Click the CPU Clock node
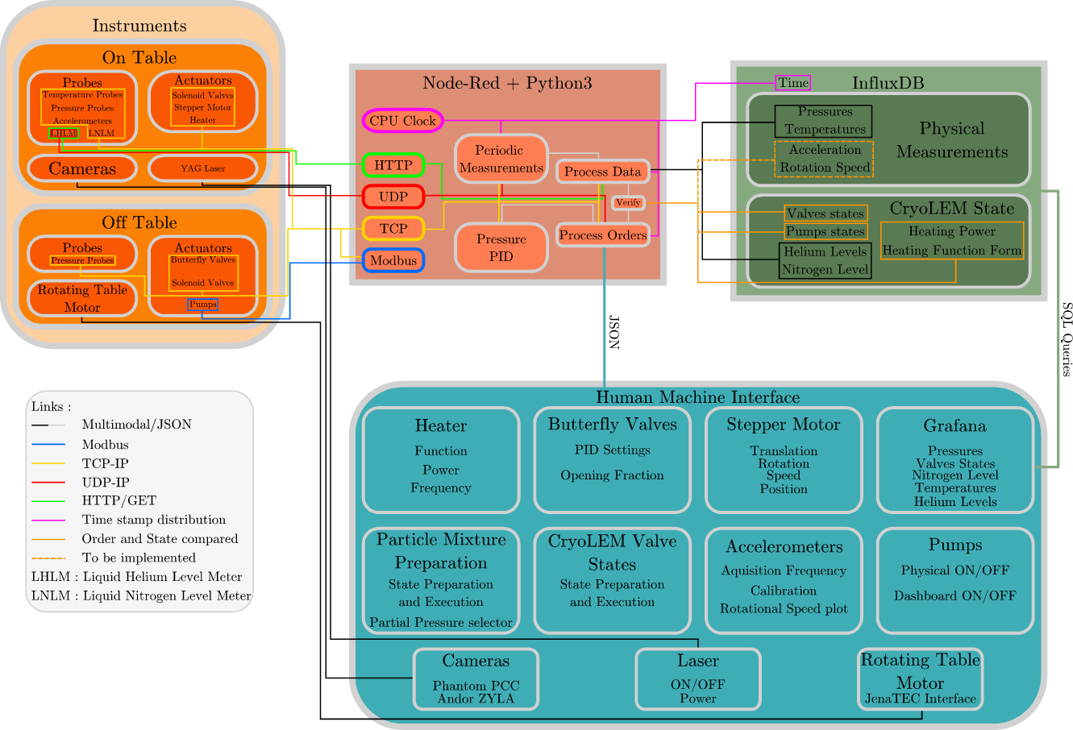[x=402, y=121]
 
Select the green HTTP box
[x=393, y=165]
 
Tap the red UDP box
[x=393, y=197]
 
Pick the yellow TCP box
[x=393, y=229]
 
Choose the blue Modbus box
[x=393, y=260]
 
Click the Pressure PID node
[x=501, y=248]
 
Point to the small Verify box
[x=628, y=203]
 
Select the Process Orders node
[x=603, y=235]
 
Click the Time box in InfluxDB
[x=792, y=83]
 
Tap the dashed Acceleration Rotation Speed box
[x=824, y=159]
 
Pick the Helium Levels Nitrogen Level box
[x=825, y=261]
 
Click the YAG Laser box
[x=203, y=168]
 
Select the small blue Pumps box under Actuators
[x=203, y=305]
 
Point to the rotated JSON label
[x=614, y=331]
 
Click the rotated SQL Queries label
[x=1067, y=339]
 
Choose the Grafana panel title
[x=954, y=425]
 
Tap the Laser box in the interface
[x=698, y=679]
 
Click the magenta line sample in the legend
[x=48, y=520]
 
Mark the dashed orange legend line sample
[x=48, y=558]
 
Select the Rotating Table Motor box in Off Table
[x=82, y=298]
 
